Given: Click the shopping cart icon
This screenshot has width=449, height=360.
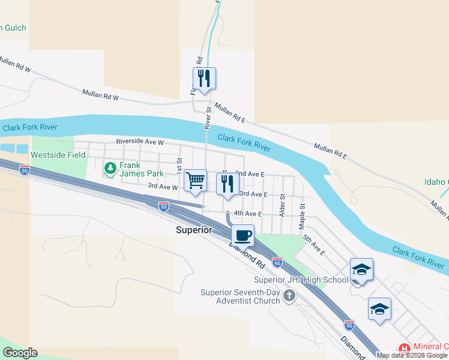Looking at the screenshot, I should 196,180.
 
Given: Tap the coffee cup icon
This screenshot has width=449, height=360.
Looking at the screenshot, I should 243,235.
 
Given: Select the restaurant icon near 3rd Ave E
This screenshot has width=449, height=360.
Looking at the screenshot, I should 228,184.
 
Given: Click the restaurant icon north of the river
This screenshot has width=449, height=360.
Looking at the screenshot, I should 204,78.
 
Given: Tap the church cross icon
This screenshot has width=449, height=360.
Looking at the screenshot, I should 289,295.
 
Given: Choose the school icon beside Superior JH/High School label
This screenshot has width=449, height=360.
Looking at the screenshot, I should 362,269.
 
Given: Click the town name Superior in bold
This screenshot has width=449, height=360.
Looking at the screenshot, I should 194,230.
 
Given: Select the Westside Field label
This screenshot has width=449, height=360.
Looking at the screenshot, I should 58,155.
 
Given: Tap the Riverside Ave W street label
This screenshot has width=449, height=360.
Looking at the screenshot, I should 140,142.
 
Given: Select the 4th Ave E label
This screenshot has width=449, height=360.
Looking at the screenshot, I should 248,213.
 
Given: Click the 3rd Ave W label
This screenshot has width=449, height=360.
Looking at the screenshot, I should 163,187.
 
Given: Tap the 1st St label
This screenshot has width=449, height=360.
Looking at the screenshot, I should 179,164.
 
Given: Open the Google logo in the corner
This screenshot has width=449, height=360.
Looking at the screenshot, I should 20,353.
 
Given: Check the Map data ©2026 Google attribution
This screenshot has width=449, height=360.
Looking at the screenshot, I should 412,355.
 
